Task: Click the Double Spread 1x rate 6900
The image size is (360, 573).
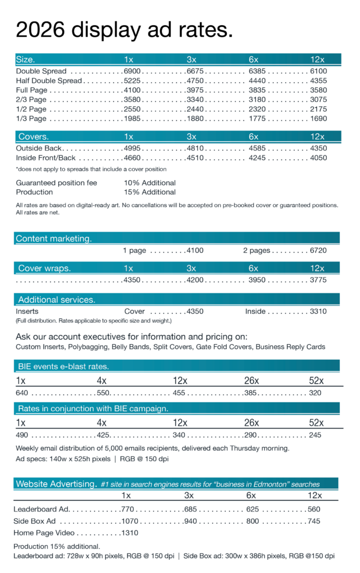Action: point(133,71)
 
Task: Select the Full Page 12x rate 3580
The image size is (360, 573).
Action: point(317,90)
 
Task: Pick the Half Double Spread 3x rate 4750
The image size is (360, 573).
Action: point(195,81)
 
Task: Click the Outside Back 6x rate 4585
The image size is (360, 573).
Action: point(258,148)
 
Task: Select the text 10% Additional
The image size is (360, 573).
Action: point(149,183)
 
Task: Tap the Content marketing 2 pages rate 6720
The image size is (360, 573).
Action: point(317,250)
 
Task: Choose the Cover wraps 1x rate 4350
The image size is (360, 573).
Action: point(133,280)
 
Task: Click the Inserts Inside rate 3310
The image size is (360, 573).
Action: point(317,311)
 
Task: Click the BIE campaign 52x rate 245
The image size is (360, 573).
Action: point(316,434)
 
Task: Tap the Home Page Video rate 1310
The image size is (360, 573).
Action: point(129,532)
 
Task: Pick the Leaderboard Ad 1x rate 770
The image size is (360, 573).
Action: point(128,509)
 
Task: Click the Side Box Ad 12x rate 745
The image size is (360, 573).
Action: point(314,521)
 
